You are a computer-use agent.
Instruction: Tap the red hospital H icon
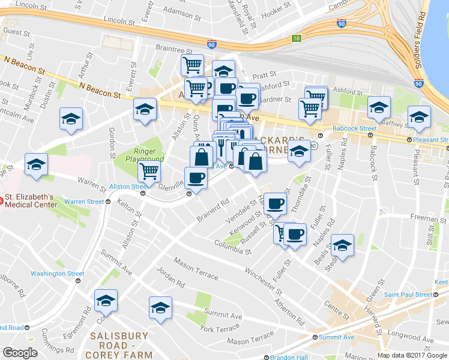[x=2, y=201]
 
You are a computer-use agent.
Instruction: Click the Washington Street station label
[x=57, y=274]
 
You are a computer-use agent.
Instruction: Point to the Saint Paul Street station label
[x=408, y=295]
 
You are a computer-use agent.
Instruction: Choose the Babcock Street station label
[x=355, y=128]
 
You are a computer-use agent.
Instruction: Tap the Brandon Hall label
[x=289, y=357]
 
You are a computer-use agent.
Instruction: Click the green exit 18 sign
[x=295, y=38]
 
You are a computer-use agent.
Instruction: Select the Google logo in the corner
[x=20, y=352]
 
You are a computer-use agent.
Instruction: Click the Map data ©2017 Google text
[x=412, y=355]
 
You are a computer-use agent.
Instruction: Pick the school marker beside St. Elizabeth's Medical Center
[x=36, y=166]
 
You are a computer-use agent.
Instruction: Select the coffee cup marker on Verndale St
[x=275, y=204]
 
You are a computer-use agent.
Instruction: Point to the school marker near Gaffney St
[x=419, y=118]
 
